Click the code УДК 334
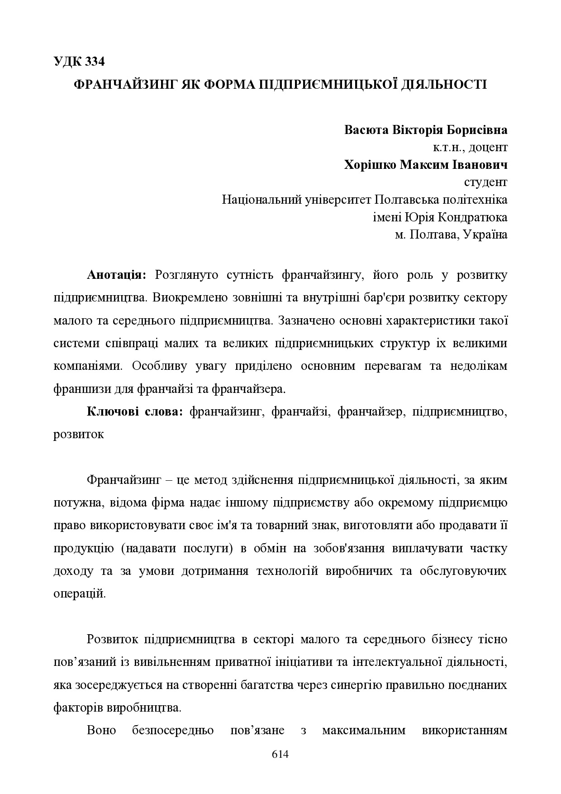point(79,62)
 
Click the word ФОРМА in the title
point(225,84)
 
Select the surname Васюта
point(365,130)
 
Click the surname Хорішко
point(370,164)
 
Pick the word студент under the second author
point(485,182)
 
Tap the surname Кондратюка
point(472,217)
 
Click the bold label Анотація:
point(116,275)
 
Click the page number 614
point(280,754)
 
